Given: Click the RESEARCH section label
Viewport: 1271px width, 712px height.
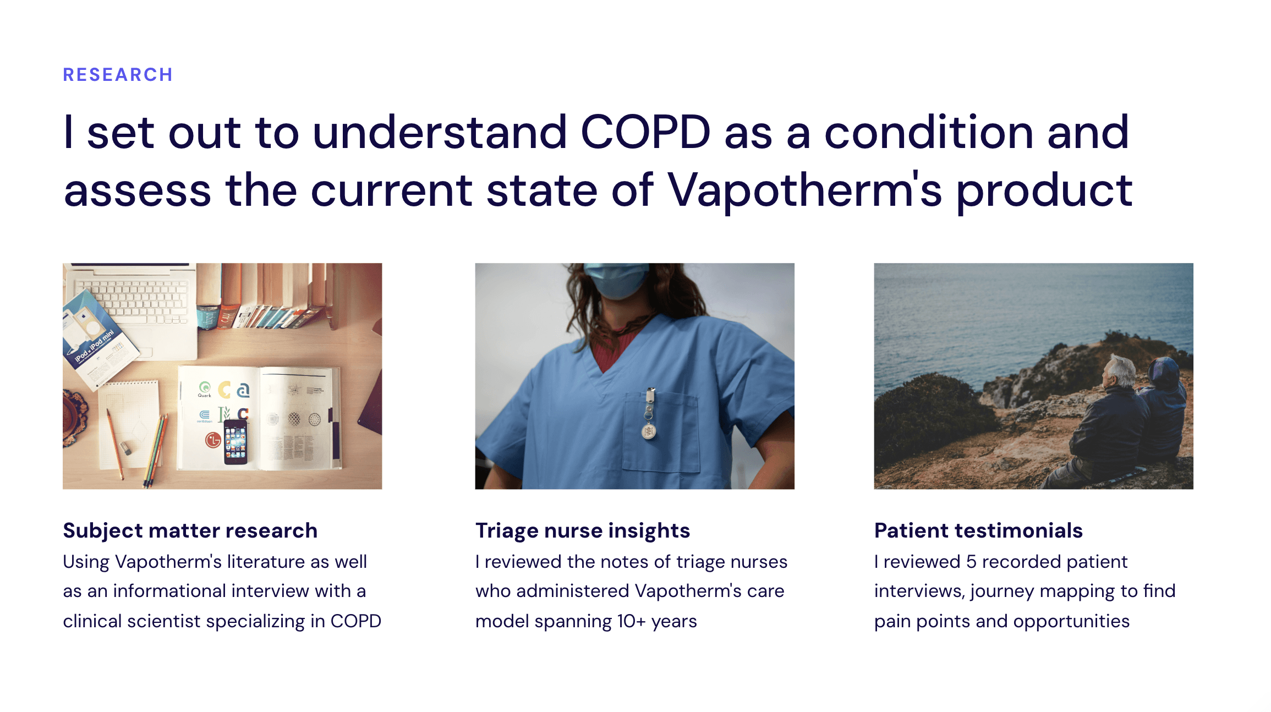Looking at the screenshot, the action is (x=118, y=75).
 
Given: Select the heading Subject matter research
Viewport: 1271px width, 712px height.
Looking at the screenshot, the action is (x=190, y=530).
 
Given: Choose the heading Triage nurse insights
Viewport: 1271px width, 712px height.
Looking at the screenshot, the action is (x=583, y=531).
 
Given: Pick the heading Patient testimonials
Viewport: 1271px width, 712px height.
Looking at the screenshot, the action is (x=978, y=530).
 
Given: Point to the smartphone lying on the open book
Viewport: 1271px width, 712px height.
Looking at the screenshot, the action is (x=235, y=441).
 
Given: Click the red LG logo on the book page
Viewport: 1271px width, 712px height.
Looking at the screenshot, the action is (x=213, y=440).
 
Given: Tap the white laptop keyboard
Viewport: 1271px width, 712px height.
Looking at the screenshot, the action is (x=132, y=300).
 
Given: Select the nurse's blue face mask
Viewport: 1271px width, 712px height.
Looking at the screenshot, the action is (x=616, y=280).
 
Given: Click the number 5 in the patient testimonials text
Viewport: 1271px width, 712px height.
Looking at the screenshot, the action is (x=971, y=562).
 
